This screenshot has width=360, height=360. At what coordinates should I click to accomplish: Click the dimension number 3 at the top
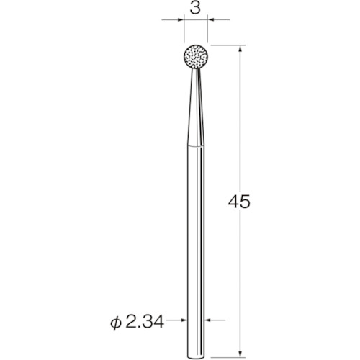click(x=195, y=9)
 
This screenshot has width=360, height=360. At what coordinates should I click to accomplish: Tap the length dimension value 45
click(x=239, y=202)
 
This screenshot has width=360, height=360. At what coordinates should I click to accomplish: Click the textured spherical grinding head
click(x=196, y=57)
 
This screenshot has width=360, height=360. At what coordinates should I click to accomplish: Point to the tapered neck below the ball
click(x=196, y=107)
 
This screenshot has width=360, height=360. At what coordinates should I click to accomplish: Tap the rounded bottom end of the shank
click(x=196, y=358)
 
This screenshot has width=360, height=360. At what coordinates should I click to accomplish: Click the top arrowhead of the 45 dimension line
click(x=240, y=50)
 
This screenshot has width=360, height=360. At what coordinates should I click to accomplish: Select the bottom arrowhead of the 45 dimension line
click(x=240, y=353)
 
